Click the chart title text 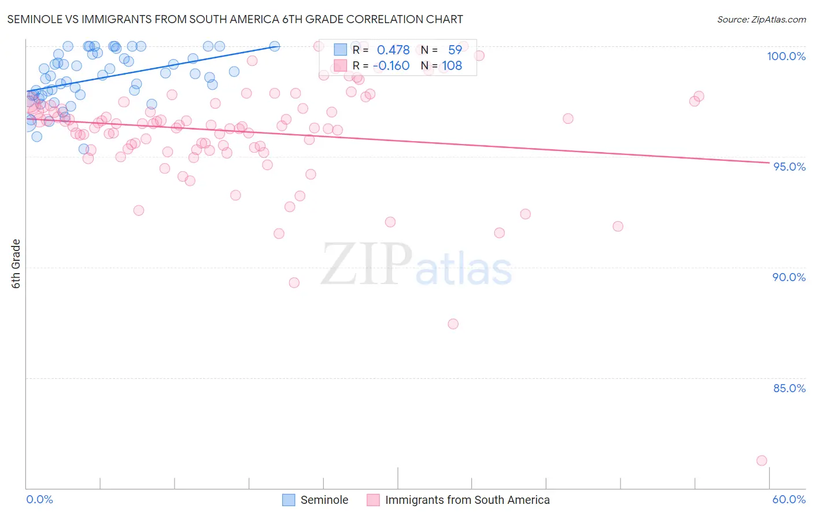tap(235, 19)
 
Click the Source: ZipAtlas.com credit tap(761, 19)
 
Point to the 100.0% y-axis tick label tap(786, 56)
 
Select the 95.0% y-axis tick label tap(789, 167)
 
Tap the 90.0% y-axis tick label tap(789, 277)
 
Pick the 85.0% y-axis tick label tap(789, 388)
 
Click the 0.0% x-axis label tap(39, 499)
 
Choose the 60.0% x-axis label tap(789, 499)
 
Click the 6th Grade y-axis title tap(16, 264)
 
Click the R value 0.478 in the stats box tap(393, 50)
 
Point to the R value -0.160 tap(391, 66)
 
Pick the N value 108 tap(452, 66)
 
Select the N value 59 tap(455, 50)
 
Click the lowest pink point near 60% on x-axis tap(762, 460)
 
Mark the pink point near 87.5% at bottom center tap(453, 324)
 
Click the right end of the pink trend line tap(769, 163)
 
